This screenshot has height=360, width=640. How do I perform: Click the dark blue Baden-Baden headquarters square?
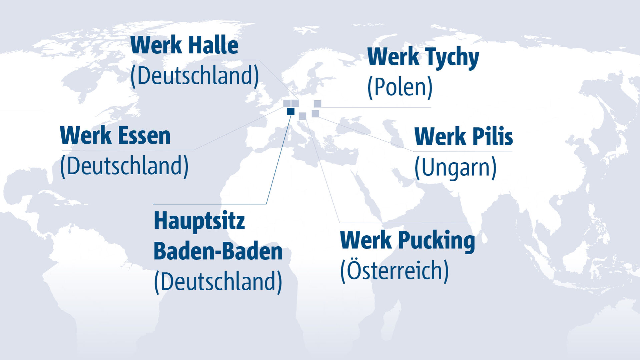click(291, 111)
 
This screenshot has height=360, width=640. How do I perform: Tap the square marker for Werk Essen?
click(286, 103)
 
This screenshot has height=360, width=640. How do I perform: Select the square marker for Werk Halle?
click(295, 103)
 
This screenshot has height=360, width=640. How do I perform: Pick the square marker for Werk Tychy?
click(317, 104)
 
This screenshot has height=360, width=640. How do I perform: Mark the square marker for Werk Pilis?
click(315, 114)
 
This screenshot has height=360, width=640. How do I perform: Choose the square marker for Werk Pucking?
click(302, 116)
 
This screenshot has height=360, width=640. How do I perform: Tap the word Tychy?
click(452, 57)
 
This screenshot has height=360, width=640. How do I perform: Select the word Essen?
click(144, 136)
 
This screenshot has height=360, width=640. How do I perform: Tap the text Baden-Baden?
click(218, 251)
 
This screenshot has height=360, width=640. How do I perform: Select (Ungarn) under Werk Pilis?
click(455, 168)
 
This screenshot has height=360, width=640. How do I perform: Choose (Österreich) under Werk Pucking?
click(394, 271)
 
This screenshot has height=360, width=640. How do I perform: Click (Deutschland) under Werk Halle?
click(194, 76)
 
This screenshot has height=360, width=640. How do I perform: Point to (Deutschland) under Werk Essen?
click(124, 166)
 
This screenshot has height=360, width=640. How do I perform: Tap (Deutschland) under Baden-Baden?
click(218, 282)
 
